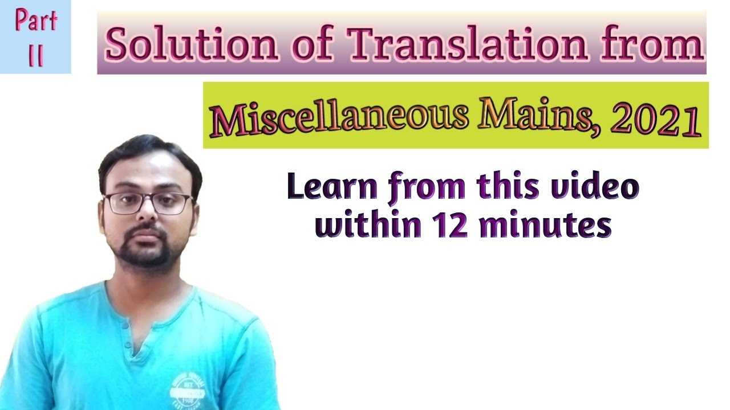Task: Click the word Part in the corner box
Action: click(36, 22)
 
